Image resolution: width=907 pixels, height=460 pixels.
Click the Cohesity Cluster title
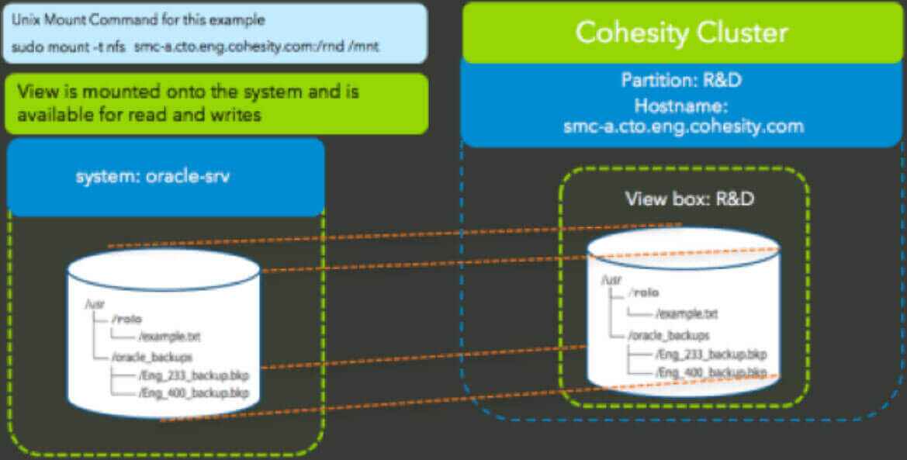point(682,33)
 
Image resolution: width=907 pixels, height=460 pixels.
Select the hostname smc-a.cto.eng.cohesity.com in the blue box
point(683,126)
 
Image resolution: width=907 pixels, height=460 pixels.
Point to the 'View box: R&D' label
point(690,199)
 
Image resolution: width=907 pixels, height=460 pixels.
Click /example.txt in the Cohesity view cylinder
point(687,313)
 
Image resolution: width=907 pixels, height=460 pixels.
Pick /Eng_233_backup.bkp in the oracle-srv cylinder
point(194,375)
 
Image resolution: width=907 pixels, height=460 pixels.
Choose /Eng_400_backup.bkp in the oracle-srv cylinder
point(194,393)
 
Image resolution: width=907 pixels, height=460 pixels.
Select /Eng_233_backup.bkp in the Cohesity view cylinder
point(711,355)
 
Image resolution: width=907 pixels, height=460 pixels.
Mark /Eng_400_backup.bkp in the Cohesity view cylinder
point(711,373)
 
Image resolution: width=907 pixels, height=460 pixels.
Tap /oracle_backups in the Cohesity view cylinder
point(669,335)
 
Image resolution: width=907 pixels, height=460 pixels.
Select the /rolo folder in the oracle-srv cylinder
point(128,319)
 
